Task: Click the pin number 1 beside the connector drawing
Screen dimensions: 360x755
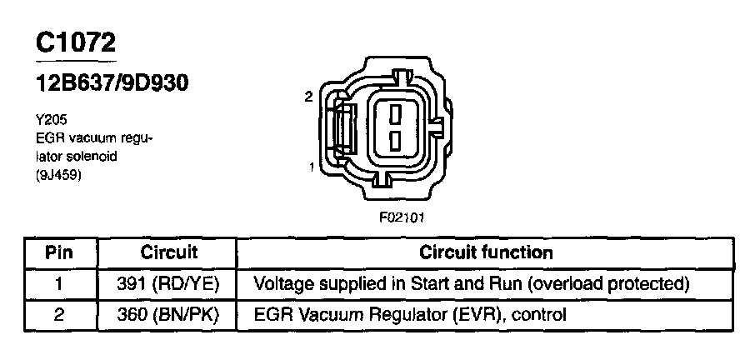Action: pyautogui.click(x=311, y=167)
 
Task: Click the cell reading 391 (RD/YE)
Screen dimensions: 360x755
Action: pyautogui.click(x=169, y=284)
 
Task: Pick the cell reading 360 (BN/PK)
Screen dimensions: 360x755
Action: pyautogui.click(x=169, y=315)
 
